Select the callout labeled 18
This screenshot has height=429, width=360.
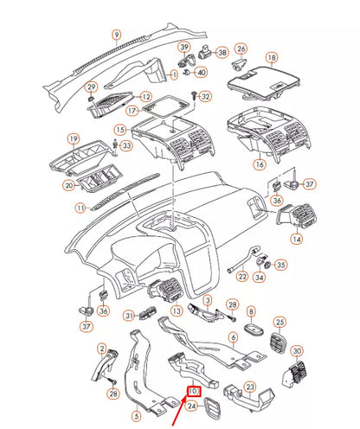pyautogui.click(x=272, y=58)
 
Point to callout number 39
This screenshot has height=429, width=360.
pyautogui.click(x=184, y=46)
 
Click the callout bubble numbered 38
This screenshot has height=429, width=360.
pyautogui.click(x=222, y=53)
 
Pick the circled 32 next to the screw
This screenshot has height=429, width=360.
pyautogui.click(x=205, y=96)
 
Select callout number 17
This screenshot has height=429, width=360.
pyautogui.click(x=132, y=112)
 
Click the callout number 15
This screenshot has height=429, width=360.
pyautogui.click(x=119, y=130)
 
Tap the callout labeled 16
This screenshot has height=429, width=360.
pyautogui.click(x=258, y=163)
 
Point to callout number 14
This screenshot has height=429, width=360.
pyautogui.click(x=297, y=239)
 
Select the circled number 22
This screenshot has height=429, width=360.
pyautogui.click(x=242, y=277)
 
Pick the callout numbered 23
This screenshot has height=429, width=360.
pyautogui.click(x=249, y=387)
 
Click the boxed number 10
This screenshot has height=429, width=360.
pyautogui.click(x=195, y=390)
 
